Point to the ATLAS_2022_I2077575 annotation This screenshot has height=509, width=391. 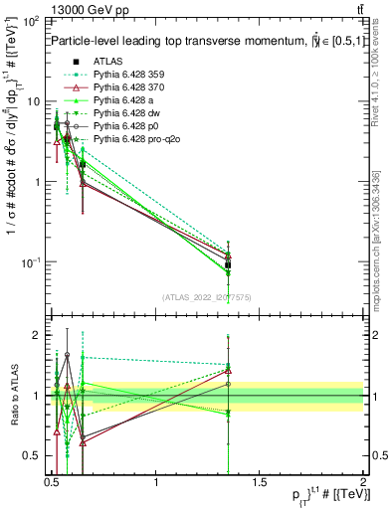(x=207, y=297)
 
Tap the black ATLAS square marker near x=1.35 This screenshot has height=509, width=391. (x=229, y=264)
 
